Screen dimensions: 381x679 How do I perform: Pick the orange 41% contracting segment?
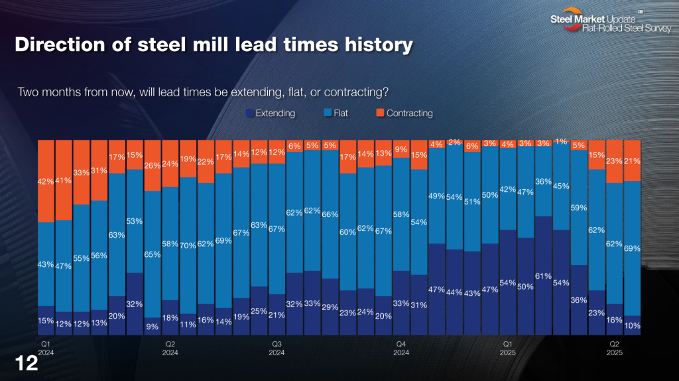(x=64, y=180)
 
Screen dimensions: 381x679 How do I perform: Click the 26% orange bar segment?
(x=153, y=165)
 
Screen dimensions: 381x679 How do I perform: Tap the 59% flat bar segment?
(x=579, y=207)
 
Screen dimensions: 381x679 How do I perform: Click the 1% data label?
(x=561, y=141)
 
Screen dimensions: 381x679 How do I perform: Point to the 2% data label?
(x=454, y=141)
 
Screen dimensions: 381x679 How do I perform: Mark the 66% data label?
(x=330, y=214)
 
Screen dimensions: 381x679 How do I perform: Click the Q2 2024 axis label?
(x=170, y=348)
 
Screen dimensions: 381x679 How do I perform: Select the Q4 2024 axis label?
(x=401, y=348)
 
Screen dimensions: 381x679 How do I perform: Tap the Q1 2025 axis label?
(x=507, y=348)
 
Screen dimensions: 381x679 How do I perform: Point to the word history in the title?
(x=375, y=45)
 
